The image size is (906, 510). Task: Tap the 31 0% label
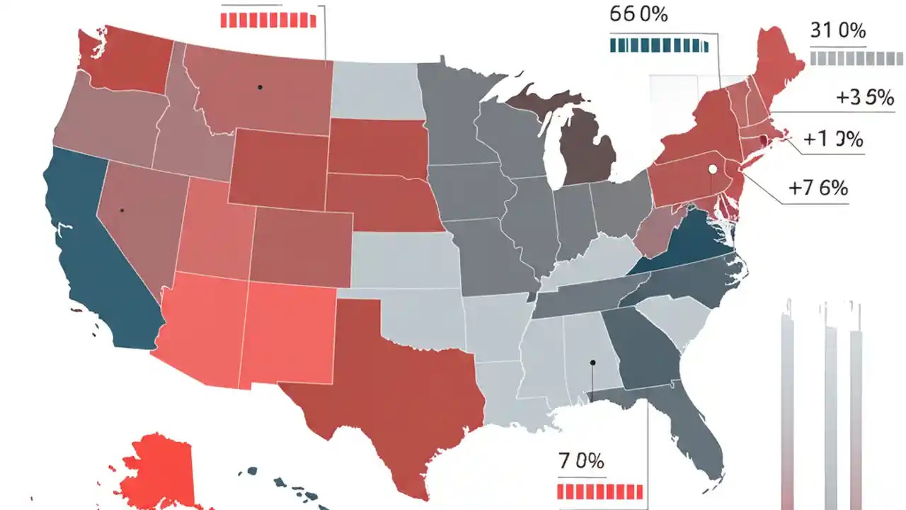point(837,32)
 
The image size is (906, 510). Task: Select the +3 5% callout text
point(865,98)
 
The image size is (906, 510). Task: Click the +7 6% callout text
point(818,188)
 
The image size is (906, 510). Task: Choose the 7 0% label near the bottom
point(581,461)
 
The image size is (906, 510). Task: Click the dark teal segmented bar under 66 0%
point(658,46)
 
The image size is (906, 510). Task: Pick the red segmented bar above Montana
point(268,20)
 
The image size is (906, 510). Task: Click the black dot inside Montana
point(260,87)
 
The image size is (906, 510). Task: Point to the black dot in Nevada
point(122,210)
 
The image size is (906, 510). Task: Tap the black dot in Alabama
point(593,363)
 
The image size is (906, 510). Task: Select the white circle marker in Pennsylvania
point(712,169)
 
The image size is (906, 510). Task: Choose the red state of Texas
point(396,382)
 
